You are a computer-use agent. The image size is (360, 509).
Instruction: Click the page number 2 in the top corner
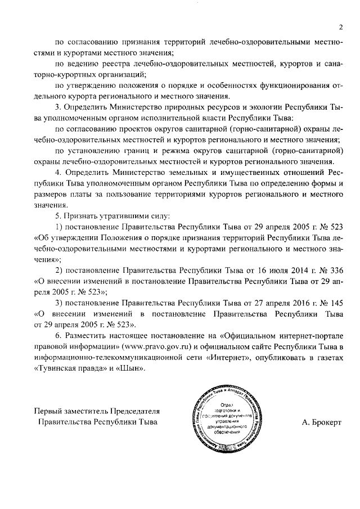[x=340, y=26]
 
